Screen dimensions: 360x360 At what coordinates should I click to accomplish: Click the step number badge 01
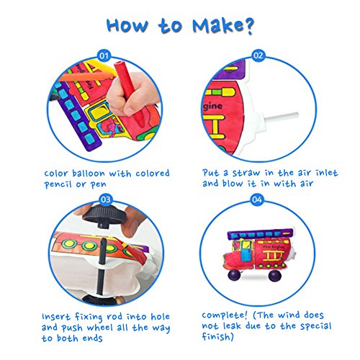104,55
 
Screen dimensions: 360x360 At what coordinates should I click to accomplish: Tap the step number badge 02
258,55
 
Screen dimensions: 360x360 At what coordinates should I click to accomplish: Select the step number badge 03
106,199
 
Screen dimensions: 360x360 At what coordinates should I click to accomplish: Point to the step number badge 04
257,199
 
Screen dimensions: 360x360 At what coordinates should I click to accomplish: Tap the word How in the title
127,25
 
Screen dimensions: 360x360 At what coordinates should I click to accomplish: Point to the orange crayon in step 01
86,77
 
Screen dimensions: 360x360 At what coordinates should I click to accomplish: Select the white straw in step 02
281,117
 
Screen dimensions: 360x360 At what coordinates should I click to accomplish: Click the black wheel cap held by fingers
104,215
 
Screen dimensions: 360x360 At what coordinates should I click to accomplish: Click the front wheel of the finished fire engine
234,275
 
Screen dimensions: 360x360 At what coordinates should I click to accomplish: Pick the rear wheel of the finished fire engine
275,276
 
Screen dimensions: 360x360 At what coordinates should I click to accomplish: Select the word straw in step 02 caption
246,173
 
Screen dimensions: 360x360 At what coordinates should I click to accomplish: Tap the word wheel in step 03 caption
100,328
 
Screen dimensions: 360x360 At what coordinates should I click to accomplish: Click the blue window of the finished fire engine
245,253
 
